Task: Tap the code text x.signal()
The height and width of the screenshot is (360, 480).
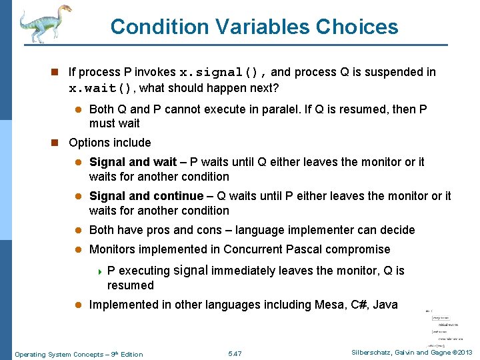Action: pos(223,72)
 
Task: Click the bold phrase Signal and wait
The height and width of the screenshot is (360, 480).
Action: pos(133,162)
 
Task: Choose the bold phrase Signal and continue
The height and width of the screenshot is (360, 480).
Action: pos(146,196)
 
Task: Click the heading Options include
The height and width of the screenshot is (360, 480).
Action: pos(110,143)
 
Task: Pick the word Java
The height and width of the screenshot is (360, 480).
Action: pos(385,305)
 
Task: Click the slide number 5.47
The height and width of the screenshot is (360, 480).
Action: pos(235,353)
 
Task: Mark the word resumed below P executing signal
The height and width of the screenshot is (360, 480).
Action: pos(131,285)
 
